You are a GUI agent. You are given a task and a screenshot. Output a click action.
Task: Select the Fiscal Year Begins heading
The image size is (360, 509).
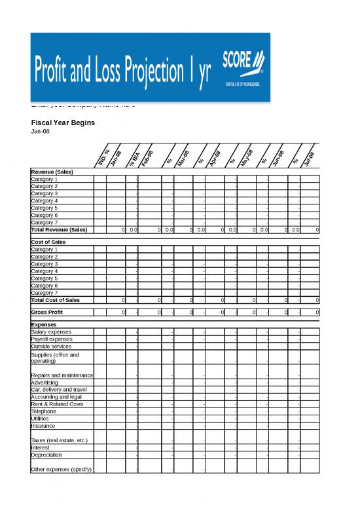click(x=63, y=123)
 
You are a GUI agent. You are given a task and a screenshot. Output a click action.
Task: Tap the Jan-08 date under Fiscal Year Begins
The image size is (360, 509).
click(x=40, y=131)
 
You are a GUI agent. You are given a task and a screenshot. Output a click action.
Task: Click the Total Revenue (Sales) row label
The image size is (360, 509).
click(x=59, y=230)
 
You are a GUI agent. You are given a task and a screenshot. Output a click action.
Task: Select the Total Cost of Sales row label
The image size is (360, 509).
click(x=56, y=300)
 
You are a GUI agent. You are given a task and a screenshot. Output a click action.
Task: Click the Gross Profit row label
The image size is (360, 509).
click(x=46, y=312)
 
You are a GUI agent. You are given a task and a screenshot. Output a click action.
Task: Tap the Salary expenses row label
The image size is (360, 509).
click(x=52, y=332)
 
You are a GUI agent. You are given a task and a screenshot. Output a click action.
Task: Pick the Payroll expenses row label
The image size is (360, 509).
click(x=52, y=339)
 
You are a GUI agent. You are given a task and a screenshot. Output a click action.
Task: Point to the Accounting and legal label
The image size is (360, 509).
click(x=56, y=397)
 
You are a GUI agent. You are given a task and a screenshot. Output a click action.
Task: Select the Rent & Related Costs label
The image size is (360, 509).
click(x=57, y=404)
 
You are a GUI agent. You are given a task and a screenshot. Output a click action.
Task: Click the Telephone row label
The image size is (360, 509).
click(x=45, y=411)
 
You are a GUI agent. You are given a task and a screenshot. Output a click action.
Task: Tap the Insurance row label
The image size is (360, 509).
click(x=43, y=426)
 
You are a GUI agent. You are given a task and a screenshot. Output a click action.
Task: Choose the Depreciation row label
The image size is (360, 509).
click(x=46, y=455)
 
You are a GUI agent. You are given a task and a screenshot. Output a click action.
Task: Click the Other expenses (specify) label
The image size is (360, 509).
click(x=62, y=470)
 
